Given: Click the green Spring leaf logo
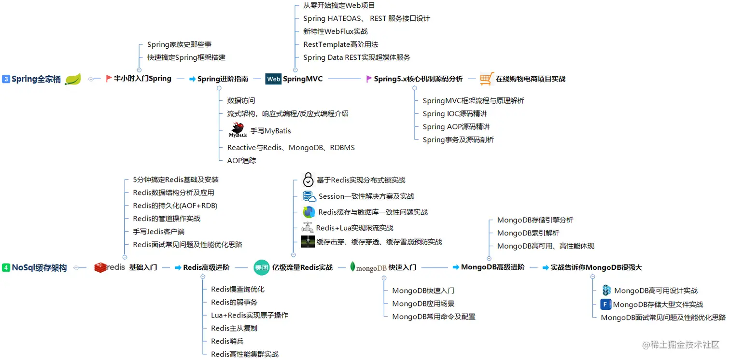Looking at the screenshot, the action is (x=73, y=79).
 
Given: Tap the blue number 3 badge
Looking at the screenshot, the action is (x=6, y=79).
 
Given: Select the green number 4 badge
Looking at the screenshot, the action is (x=6, y=267).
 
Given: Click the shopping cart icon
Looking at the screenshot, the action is (x=487, y=79).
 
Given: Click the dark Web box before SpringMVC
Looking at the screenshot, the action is (x=273, y=79).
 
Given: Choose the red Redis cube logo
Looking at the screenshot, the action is (x=100, y=267).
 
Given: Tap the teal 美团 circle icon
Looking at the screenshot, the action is (x=262, y=267).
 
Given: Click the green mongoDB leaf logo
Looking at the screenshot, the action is (x=353, y=267).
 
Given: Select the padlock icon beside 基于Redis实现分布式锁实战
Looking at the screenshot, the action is (x=308, y=180).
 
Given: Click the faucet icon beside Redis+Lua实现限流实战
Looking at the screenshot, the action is (x=308, y=228).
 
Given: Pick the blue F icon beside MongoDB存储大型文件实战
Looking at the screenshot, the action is (x=605, y=305).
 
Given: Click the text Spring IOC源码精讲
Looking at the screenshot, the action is (x=455, y=114).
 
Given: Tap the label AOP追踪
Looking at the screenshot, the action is (x=241, y=161).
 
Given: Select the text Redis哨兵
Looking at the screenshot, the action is (x=227, y=341).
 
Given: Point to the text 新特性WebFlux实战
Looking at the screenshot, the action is (x=336, y=31).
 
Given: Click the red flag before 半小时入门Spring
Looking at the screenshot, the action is (x=109, y=79).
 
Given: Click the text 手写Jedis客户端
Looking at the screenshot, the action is (x=159, y=232).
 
